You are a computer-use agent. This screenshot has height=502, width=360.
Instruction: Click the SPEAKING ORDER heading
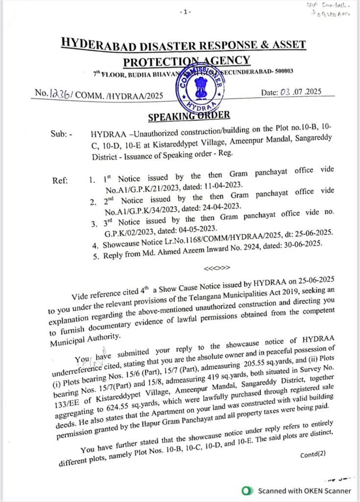click(x=189, y=116)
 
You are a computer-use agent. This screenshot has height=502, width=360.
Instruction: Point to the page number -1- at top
click(x=184, y=11)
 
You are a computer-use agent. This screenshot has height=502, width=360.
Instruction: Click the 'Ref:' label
click(x=60, y=179)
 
